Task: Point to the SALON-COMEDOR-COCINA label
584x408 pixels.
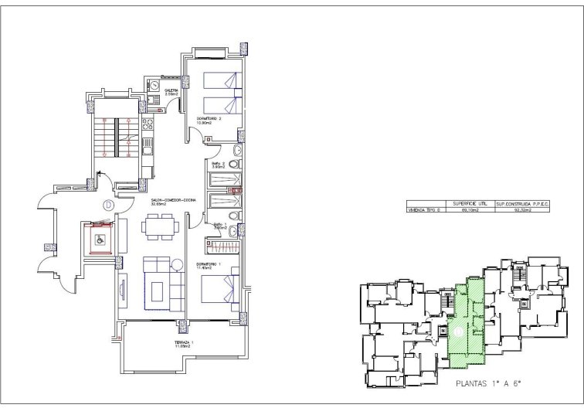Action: pos(174,199)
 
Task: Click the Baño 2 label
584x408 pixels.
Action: pos(218,164)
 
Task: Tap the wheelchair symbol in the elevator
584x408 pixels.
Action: pos(100,240)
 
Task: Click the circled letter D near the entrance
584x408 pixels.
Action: pos(107,206)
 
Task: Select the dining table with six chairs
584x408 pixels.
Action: pos(161,226)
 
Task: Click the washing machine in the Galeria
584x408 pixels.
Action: pos(155,84)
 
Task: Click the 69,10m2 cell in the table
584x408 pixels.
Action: pos(465,209)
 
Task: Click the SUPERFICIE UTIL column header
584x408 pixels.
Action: pos(465,202)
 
